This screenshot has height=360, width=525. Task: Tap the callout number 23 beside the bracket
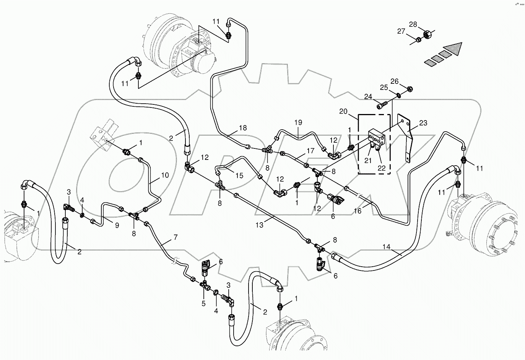pyautogui.click(x=423, y=123)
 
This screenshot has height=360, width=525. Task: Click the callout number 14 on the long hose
pyautogui.click(x=387, y=247)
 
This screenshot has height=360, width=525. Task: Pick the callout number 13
pyautogui.click(x=260, y=225)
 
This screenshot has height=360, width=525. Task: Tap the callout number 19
pyautogui.click(x=298, y=122)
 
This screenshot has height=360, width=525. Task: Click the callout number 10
pyautogui.click(x=165, y=175)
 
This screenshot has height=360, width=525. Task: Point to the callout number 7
pyautogui.click(x=175, y=238)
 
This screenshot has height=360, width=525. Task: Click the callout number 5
pyautogui.click(x=203, y=304)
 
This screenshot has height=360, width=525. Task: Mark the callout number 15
pyautogui.click(x=239, y=176)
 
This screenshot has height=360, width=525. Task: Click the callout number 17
pyautogui.click(x=310, y=151)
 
